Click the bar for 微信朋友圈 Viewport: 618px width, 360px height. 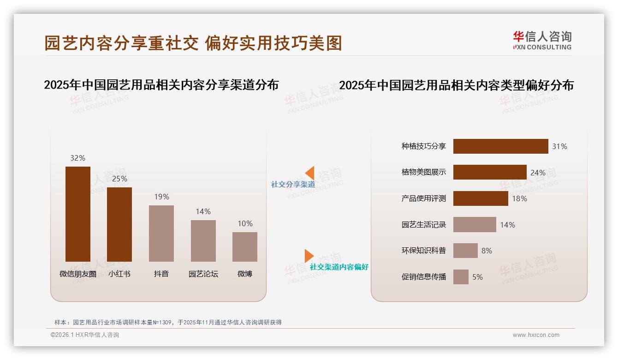[x=78, y=214]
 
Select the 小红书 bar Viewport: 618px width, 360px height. [x=119, y=224]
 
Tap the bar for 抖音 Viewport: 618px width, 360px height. [x=161, y=234]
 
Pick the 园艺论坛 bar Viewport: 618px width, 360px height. [x=203, y=241]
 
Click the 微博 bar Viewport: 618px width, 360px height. [x=245, y=247]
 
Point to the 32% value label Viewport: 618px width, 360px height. [x=78, y=158]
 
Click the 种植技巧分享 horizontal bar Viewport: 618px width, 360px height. [x=500, y=146]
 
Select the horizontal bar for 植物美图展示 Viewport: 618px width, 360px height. [x=490, y=172]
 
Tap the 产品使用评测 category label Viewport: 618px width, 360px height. [x=423, y=198]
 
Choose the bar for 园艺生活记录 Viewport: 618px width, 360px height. [x=475, y=225]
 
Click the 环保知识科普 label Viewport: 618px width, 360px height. [x=423, y=251]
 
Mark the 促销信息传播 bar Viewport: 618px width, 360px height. [x=461, y=277]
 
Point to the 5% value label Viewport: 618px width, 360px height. [x=477, y=277]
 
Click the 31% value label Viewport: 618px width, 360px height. [x=559, y=146]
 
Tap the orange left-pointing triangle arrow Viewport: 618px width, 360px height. [x=310, y=173]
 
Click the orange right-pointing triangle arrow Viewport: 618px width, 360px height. [x=309, y=256]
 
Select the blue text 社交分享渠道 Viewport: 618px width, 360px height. [x=293, y=184]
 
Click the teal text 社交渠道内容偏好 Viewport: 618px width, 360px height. [x=339, y=267]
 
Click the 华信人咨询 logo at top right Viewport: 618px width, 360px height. [x=542, y=40]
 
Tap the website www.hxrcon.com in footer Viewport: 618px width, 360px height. [x=536, y=335]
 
